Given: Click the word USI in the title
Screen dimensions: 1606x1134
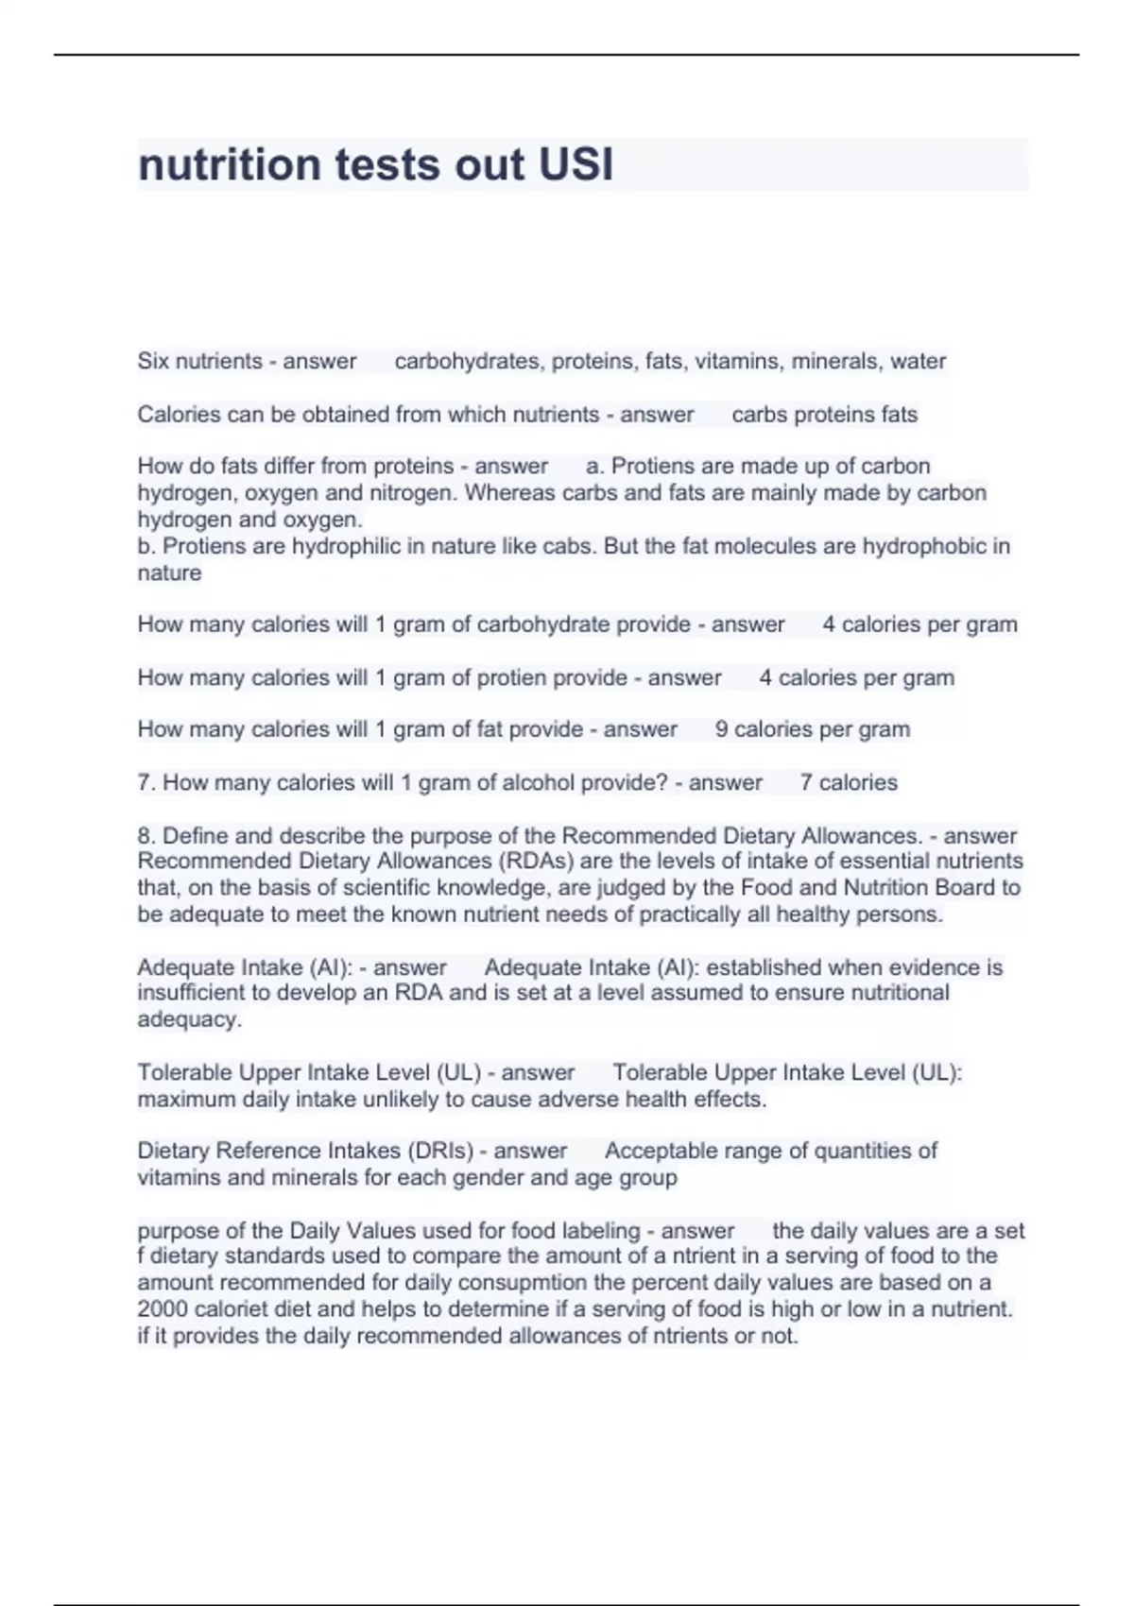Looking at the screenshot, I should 575,164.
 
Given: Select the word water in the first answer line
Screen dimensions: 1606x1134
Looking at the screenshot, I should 918,361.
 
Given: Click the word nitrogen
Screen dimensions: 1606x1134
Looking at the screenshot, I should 418,493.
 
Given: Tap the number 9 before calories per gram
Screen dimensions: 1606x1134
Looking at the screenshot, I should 722,729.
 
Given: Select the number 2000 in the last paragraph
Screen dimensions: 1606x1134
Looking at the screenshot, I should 163,1309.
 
